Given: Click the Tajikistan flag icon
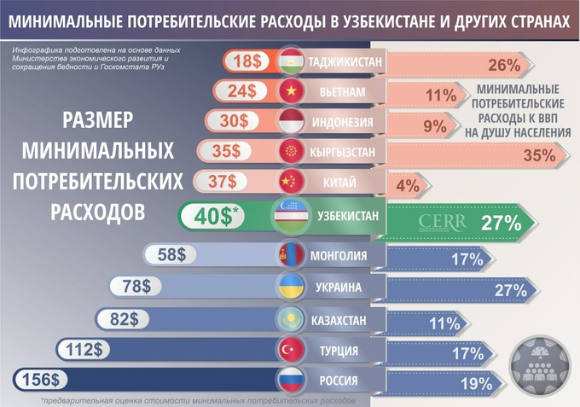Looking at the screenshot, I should pyautogui.click(x=292, y=61).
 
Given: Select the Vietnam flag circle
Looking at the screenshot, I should pyautogui.click(x=292, y=91).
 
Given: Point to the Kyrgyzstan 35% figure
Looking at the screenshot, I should pyautogui.click(x=539, y=155).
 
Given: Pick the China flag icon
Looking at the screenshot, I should pyautogui.click(x=292, y=181).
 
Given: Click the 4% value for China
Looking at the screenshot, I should pyautogui.click(x=405, y=184).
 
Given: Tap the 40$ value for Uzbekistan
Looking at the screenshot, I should pyautogui.click(x=214, y=217).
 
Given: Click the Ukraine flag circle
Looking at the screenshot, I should pyautogui.click(x=292, y=287).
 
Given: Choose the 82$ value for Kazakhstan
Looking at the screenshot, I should pyautogui.click(x=123, y=319).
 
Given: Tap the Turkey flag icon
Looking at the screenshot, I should pyautogui.click(x=292, y=350).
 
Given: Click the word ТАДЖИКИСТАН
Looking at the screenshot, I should pyautogui.click(x=345, y=62).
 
